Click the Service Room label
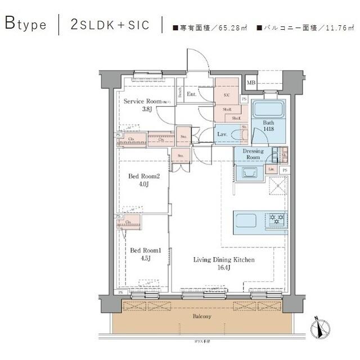143,102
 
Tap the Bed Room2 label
145,177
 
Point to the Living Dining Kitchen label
224,260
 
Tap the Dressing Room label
253,154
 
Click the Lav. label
222,134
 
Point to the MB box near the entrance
251,83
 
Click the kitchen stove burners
277,219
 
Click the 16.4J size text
224,268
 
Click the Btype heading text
26,25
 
